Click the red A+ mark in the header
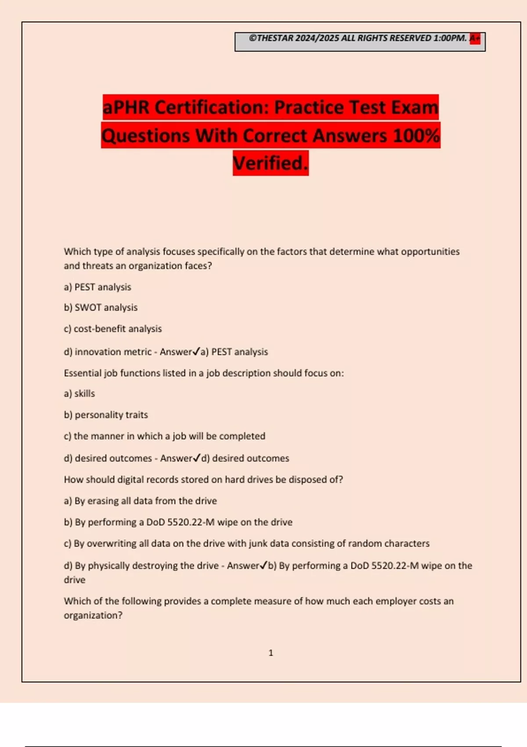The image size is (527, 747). coord(475,39)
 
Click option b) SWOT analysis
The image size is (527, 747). coord(101,308)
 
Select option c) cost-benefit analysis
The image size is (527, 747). coord(113,329)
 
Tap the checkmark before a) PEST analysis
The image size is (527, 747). coord(196,351)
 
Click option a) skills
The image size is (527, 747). coord(79,394)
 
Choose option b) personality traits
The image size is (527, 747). coord(106,415)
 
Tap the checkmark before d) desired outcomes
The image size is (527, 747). coord(197,457)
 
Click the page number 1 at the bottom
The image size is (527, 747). coord(271,653)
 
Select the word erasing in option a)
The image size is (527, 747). coord(104,501)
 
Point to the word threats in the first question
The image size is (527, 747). coord(97,266)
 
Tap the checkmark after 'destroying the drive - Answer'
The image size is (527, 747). coord(263,565)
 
